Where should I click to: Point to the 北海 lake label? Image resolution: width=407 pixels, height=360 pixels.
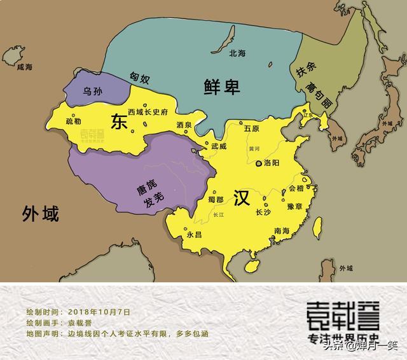[238, 53]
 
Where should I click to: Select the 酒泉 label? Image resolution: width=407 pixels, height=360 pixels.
[184, 125]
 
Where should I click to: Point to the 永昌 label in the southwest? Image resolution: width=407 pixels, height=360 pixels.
[194, 234]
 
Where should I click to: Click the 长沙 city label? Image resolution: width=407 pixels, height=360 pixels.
[263, 212]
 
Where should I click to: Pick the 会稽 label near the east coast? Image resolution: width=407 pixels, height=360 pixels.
[296, 188]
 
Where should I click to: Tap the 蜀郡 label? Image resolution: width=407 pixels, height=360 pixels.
[215, 200]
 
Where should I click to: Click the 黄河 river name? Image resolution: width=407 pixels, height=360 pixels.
[254, 149]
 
